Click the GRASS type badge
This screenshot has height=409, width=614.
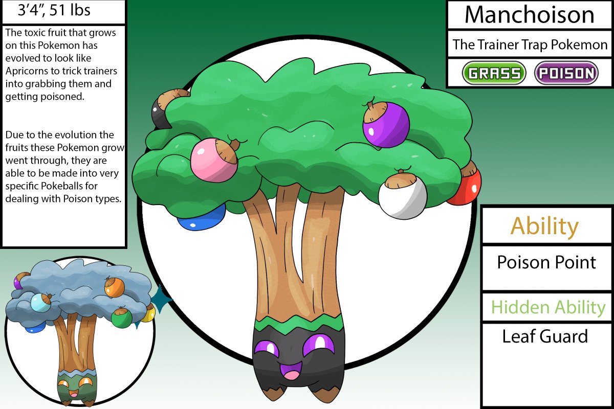point(494,73)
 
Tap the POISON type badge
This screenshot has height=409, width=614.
point(566,73)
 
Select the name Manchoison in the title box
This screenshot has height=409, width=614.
point(529,15)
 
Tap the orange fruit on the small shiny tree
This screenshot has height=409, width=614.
point(114,288)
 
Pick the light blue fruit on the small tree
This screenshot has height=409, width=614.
point(41,303)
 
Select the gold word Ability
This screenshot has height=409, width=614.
point(545,225)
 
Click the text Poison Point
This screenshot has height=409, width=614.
point(546,262)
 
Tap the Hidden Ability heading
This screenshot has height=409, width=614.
point(548,307)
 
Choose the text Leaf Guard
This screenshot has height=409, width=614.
point(545,336)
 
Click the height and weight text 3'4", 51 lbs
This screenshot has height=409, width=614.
point(54,10)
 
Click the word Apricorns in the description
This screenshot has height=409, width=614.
point(26,71)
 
